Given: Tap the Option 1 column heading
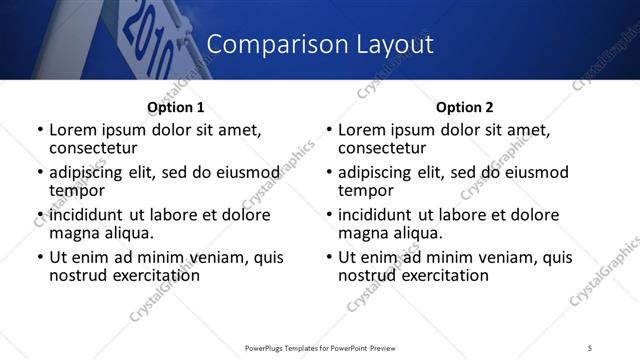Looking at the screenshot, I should tap(175, 108).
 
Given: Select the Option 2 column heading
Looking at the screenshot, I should tap(465, 108).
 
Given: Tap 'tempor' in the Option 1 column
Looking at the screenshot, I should tap(77, 190).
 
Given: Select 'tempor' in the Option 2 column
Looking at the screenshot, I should tap(366, 190).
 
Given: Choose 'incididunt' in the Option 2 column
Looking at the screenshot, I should tap(379, 215).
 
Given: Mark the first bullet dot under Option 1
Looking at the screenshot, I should tap(39, 131).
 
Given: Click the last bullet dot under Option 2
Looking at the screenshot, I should tap(328, 258).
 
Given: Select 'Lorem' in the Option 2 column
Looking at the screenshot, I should tap(362, 130).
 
